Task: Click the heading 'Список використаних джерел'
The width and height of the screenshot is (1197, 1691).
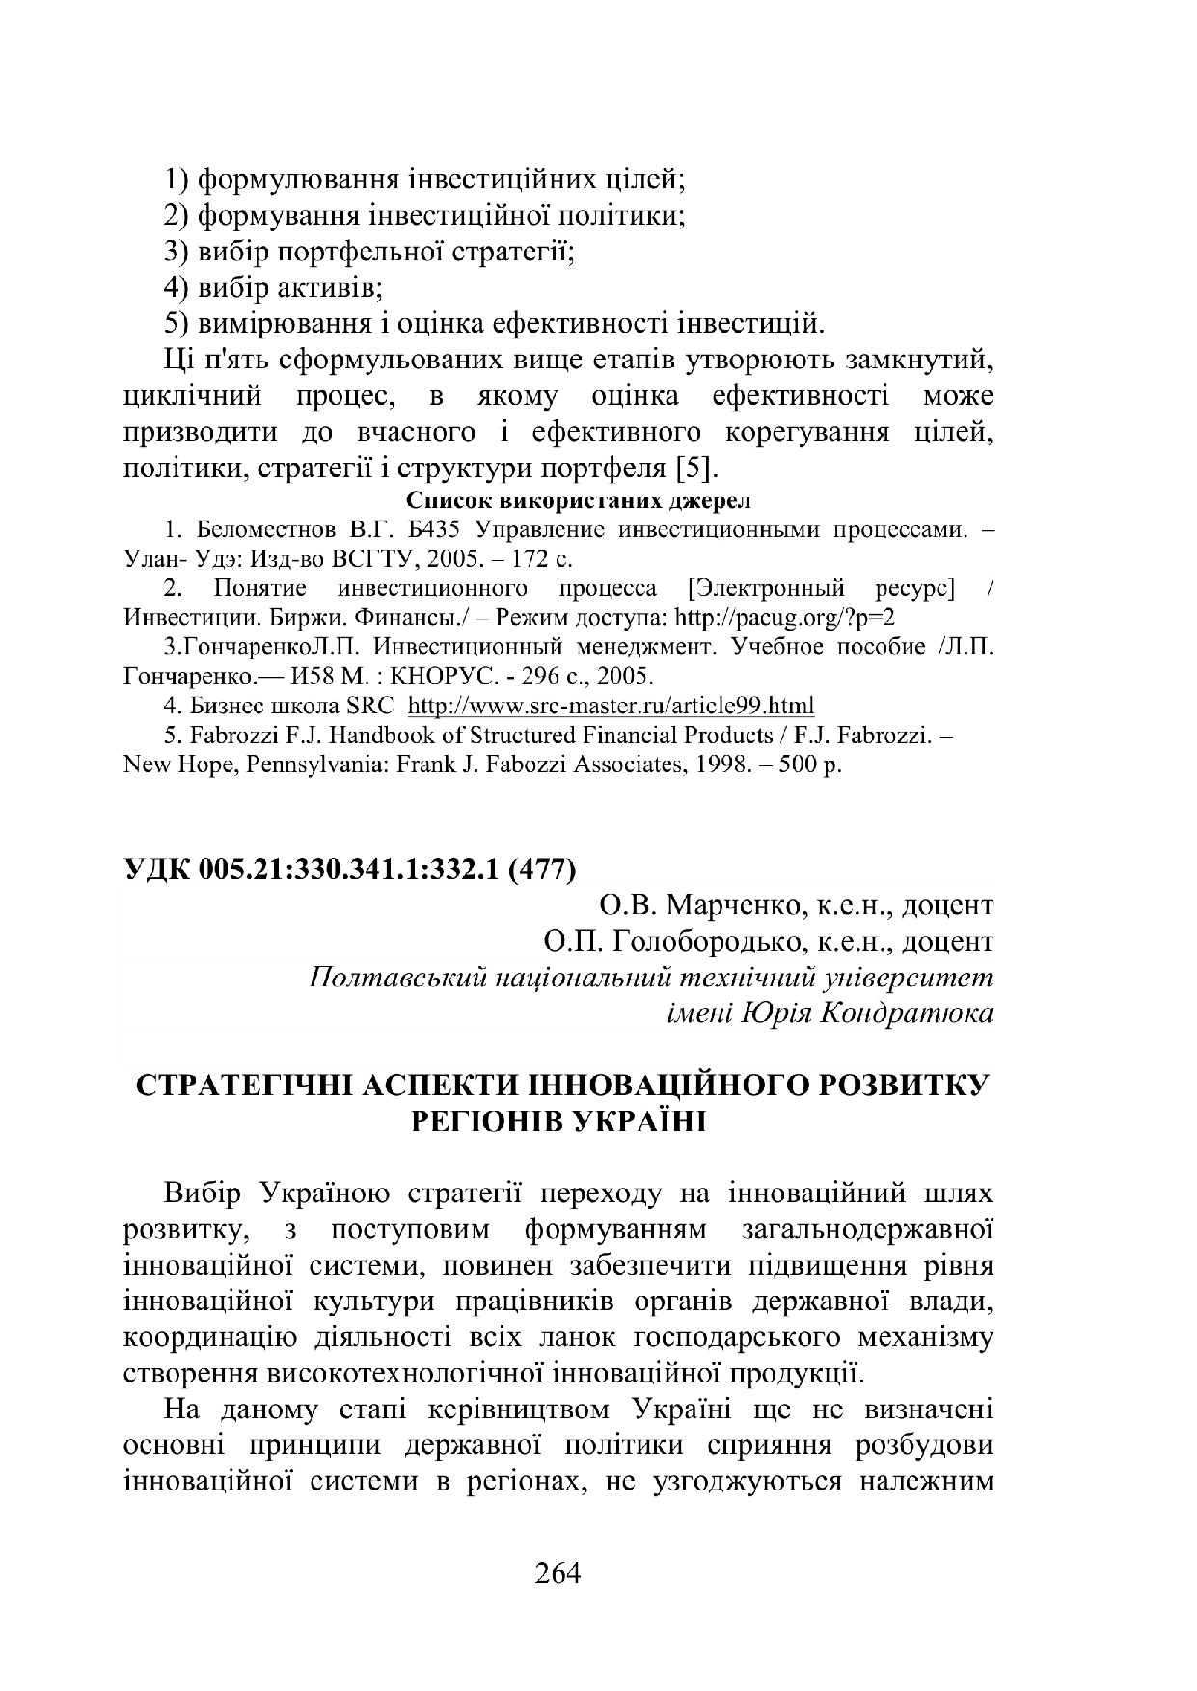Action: [x=578, y=501]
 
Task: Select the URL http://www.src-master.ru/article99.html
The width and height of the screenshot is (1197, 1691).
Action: [x=612, y=705]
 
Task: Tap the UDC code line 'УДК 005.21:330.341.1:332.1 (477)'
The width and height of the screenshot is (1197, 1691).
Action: [x=350, y=870]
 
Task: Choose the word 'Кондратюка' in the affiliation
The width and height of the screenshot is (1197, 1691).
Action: [x=906, y=1012]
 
